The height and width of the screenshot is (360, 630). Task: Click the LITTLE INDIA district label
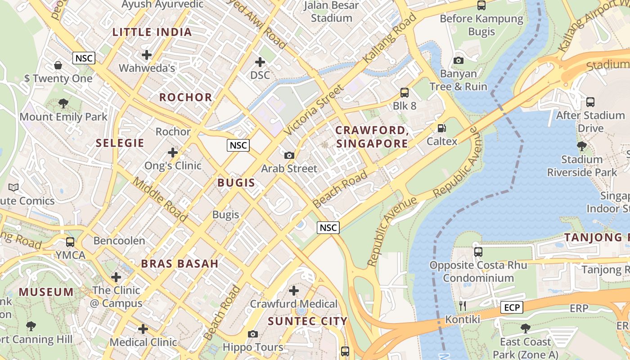(152, 32)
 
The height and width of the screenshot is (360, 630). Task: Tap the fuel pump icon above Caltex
(442, 128)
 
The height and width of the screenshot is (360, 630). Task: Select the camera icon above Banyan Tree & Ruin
(459, 60)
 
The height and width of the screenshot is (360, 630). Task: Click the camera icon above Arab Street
(289, 155)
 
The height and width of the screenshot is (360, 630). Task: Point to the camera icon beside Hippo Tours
(253, 334)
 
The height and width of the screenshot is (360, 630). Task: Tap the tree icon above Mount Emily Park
(63, 103)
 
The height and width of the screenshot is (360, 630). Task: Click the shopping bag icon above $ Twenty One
(58, 65)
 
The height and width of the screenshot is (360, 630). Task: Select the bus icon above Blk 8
(405, 93)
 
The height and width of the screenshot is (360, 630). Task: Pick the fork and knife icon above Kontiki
(463, 306)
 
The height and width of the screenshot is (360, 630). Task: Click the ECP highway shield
(512, 308)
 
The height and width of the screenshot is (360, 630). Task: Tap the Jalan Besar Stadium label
(332, 12)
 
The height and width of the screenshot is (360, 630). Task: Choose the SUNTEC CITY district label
(308, 321)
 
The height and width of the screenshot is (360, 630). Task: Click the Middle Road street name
(160, 199)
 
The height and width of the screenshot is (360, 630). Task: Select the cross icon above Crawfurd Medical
(294, 291)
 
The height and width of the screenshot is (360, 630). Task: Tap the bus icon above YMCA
(70, 242)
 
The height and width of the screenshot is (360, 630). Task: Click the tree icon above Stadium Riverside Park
(582, 146)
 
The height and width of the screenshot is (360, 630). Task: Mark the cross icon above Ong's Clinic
(173, 152)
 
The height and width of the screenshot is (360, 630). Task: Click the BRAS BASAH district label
(180, 264)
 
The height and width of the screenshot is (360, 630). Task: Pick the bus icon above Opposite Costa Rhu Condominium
(478, 252)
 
